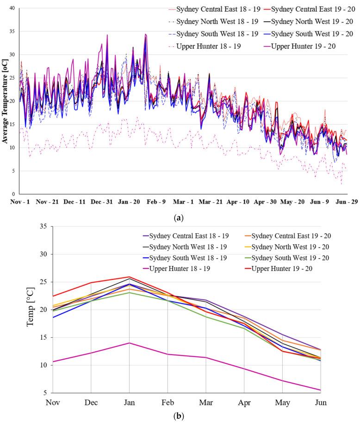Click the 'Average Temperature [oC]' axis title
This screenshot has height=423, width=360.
pos(5,101)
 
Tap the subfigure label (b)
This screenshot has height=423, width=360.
pos(180,416)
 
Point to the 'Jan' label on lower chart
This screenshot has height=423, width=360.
pos(130,403)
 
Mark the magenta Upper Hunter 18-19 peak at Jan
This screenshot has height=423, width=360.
pos(130,343)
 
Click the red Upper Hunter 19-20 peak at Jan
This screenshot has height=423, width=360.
pos(130,277)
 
